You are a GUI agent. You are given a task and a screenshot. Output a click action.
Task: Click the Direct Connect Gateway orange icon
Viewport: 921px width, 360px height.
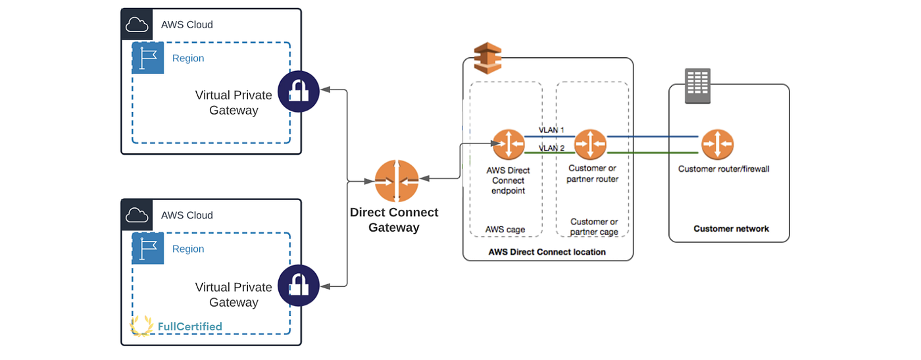pyautogui.click(x=397, y=181)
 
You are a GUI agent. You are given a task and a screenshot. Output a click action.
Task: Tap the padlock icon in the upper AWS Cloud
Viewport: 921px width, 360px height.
pyautogui.click(x=299, y=91)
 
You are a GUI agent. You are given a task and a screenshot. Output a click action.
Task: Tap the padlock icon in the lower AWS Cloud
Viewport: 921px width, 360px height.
pyautogui.click(x=299, y=285)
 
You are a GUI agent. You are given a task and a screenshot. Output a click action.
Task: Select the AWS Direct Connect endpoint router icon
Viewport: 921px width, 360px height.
pyautogui.click(x=508, y=145)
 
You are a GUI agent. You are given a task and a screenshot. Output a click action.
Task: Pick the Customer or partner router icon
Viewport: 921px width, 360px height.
pyautogui.click(x=590, y=145)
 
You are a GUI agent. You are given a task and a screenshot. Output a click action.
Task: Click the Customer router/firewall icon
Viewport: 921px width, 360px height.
pyautogui.click(x=717, y=145)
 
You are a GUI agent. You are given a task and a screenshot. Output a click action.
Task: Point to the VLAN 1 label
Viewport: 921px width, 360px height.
pyautogui.click(x=551, y=130)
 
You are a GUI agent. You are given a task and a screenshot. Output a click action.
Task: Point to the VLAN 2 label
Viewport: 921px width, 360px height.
pyautogui.click(x=551, y=148)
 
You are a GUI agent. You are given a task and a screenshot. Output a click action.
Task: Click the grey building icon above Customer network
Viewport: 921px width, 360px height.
pyautogui.click(x=697, y=86)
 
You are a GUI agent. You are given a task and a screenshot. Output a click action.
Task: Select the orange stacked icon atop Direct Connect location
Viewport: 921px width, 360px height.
pyautogui.click(x=487, y=58)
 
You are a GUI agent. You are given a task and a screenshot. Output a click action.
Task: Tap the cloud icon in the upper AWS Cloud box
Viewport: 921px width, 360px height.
pyautogui.click(x=137, y=25)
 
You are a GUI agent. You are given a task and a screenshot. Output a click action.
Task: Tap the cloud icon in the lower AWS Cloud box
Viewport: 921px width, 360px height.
pyautogui.click(x=137, y=215)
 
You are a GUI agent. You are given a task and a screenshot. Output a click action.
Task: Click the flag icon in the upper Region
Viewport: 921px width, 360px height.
pyautogui.click(x=148, y=58)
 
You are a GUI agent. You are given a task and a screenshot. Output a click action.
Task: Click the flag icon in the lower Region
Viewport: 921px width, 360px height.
pyautogui.click(x=148, y=249)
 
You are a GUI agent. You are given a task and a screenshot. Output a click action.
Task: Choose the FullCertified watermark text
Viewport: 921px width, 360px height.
pyautogui.click(x=189, y=326)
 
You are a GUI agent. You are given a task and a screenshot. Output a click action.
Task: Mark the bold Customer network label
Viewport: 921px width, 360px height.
pyautogui.click(x=731, y=229)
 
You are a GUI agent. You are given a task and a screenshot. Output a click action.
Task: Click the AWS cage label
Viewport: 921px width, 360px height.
pyautogui.click(x=505, y=230)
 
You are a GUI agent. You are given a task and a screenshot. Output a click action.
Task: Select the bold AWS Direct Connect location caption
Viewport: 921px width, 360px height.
pyautogui.click(x=547, y=252)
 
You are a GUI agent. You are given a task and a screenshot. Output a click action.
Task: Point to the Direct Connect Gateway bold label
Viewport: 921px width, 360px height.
pyautogui.click(x=394, y=220)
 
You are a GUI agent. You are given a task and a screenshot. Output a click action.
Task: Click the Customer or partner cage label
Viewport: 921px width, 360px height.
pyautogui.click(x=593, y=226)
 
